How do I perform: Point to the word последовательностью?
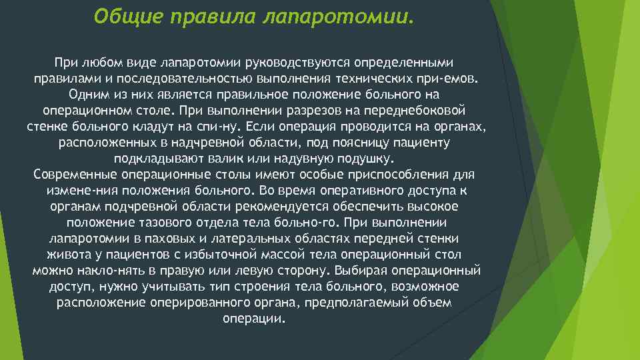tap(171, 78)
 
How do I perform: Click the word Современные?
tap(75, 175)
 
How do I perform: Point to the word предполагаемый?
tap(374, 303)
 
